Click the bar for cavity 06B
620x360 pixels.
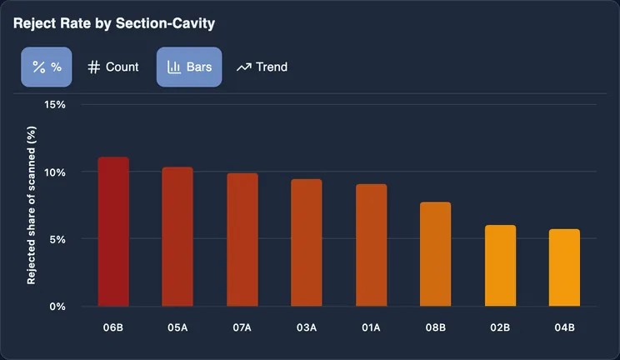[x=113, y=232]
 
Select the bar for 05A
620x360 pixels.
[x=177, y=237]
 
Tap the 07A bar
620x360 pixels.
[x=242, y=240]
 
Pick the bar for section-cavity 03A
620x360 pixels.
[x=307, y=242]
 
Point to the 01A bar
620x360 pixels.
[x=372, y=245]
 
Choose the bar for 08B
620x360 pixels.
[x=435, y=254]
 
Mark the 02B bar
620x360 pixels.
[x=500, y=266]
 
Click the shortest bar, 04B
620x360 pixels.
[x=564, y=267]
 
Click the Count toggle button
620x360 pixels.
[x=113, y=67]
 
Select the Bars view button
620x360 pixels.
[x=189, y=67]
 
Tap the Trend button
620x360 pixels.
[x=262, y=67]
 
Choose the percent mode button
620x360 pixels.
[x=47, y=67]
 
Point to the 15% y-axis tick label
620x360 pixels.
[x=55, y=105]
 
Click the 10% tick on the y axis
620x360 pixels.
[x=55, y=172]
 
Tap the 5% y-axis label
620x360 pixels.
[x=57, y=239]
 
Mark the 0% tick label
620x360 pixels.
[x=57, y=307]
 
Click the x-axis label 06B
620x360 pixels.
[x=113, y=327]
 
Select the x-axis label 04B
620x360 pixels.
[x=565, y=327]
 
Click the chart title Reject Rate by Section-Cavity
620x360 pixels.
[x=114, y=23]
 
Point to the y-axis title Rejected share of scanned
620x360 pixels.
[x=31, y=205]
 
